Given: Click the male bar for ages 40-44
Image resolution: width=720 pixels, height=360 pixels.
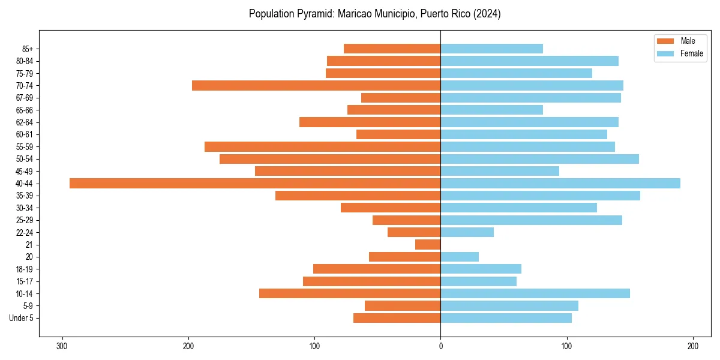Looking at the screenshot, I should [255, 184].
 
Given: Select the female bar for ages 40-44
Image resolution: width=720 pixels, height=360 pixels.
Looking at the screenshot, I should [560, 184].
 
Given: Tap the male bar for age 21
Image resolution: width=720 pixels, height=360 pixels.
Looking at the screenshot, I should [428, 245].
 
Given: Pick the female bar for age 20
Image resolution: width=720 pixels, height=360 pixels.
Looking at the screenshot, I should [460, 257].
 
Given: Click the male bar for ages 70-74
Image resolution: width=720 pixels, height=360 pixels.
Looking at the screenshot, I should [316, 86].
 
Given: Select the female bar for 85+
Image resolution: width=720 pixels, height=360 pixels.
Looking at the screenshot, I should [491, 49].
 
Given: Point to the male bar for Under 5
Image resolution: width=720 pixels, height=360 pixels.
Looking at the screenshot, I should [397, 318].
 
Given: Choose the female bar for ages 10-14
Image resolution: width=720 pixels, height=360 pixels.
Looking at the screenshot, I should [535, 293].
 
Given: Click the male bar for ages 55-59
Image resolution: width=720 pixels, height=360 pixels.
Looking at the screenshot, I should [322, 147].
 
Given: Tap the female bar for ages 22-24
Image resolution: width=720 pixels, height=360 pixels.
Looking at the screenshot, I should [467, 232].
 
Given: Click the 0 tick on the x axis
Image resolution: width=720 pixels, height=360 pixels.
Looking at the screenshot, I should [440, 346].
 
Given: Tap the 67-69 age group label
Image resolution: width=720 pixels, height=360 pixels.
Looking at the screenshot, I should [25, 98].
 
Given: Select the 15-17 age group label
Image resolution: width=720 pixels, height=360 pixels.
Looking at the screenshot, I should [25, 281].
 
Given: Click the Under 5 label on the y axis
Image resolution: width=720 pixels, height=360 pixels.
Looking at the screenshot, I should [21, 318].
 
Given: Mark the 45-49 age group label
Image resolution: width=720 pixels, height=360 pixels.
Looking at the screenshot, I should [25, 172].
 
